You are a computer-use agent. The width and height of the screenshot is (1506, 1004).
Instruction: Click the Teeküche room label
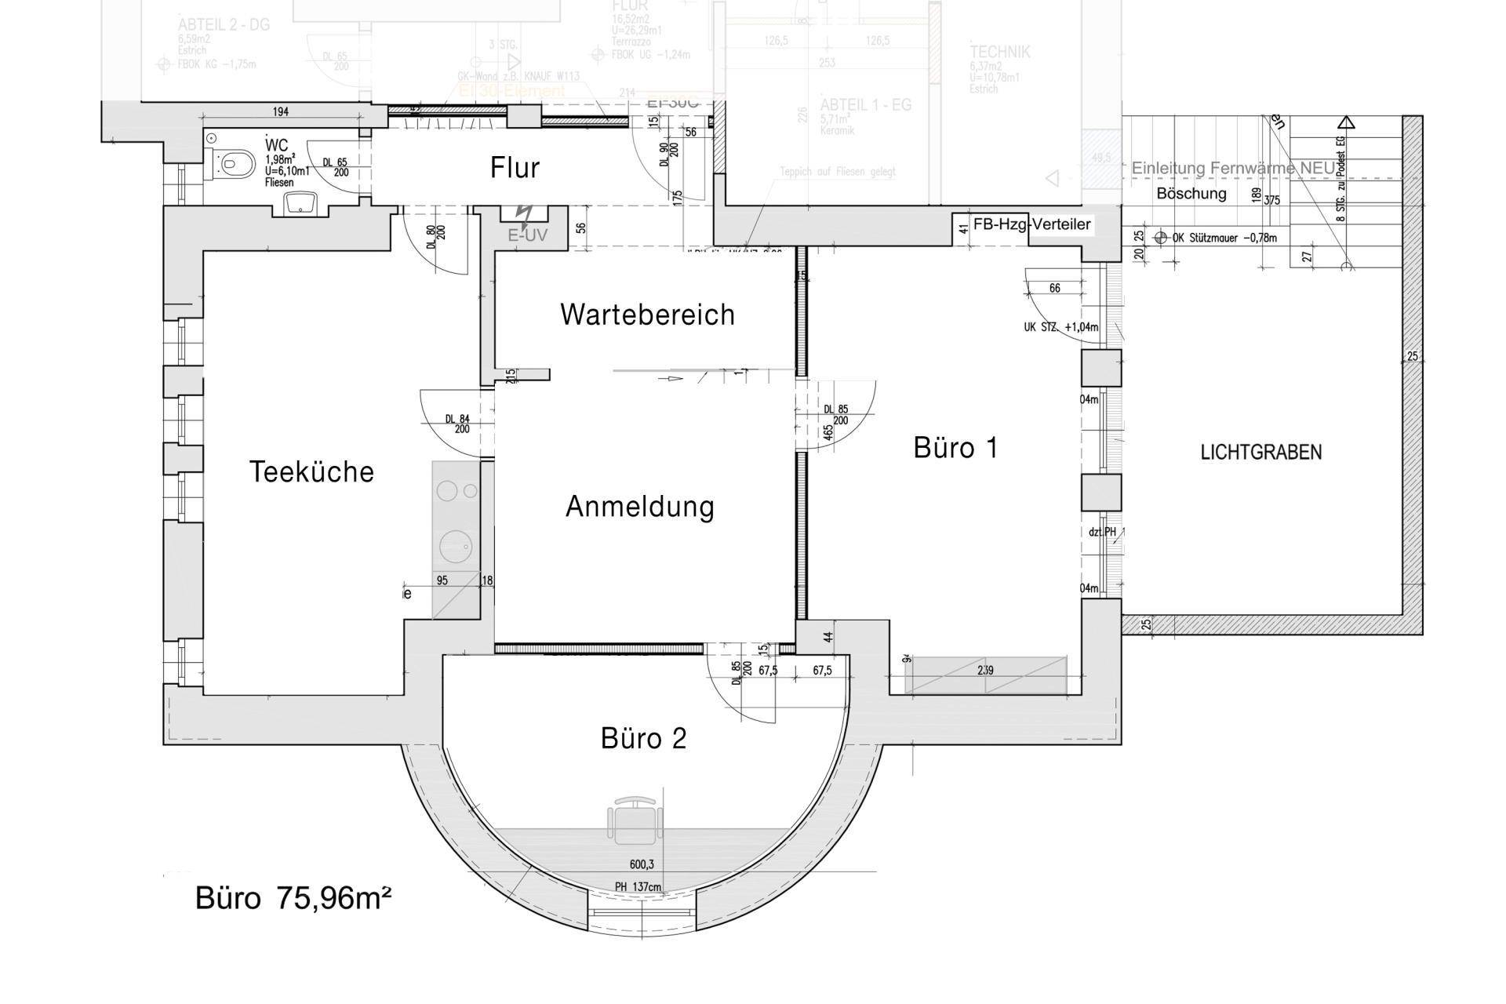[311, 471]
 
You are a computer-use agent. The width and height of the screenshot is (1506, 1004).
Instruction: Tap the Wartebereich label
[647, 315]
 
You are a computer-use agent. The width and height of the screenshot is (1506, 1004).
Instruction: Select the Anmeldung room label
[639, 507]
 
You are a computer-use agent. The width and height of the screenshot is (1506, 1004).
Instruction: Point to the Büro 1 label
[955, 448]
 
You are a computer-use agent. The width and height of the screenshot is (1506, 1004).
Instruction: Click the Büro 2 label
[643, 738]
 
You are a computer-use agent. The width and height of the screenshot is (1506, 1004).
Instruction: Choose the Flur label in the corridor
[515, 167]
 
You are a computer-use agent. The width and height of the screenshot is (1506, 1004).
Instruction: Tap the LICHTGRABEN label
[1260, 452]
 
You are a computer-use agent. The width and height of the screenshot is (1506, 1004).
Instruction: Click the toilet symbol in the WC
[236, 164]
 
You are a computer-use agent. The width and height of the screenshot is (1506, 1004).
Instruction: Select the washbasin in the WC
[299, 204]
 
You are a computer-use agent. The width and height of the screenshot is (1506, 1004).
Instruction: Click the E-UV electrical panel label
[527, 235]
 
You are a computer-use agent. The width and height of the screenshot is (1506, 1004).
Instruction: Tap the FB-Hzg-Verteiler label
[1031, 224]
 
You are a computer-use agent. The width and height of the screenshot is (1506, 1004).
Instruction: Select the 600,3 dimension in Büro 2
[642, 864]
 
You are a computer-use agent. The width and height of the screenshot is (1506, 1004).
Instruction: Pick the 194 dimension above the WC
[280, 112]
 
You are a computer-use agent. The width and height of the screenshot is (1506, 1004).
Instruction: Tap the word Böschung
[1191, 193]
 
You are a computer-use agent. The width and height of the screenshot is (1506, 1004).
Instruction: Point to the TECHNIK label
[999, 53]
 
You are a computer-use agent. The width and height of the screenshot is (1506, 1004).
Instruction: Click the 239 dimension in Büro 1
[985, 671]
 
